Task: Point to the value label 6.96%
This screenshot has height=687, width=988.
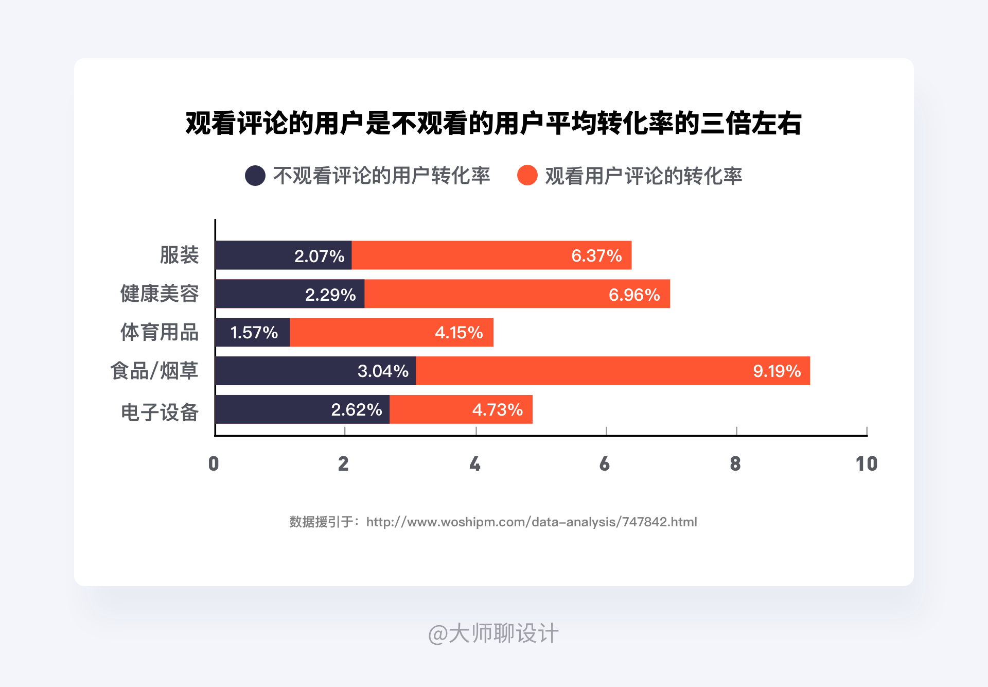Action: pyautogui.click(x=634, y=295)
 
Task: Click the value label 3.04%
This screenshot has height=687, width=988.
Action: pyautogui.click(x=383, y=371)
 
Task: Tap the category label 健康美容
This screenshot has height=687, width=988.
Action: pyautogui.click(x=160, y=294)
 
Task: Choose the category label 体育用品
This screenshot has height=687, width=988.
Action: pyautogui.click(x=160, y=333)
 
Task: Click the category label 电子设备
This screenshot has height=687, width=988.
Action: pyautogui.click(x=160, y=413)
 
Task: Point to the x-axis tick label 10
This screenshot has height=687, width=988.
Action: pyautogui.click(x=866, y=464)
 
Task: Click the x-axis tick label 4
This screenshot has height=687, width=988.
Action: pyautogui.click(x=475, y=464)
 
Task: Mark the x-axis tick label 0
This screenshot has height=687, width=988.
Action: pyautogui.click(x=214, y=464)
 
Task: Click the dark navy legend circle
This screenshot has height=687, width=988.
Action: pyautogui.click(x=255, y=176)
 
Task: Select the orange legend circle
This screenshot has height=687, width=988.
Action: pyautogui.click(x=527, y=176)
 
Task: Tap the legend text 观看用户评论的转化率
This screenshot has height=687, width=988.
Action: pyautogui.click(x=644, y=176)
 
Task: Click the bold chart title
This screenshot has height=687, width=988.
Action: pyautogui.click(x=493, y=124)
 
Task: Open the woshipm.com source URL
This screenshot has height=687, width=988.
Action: pyautogui.click(x=532, y=522)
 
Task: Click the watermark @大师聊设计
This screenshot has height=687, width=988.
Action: pyautogui.click(x=493, y=633)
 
